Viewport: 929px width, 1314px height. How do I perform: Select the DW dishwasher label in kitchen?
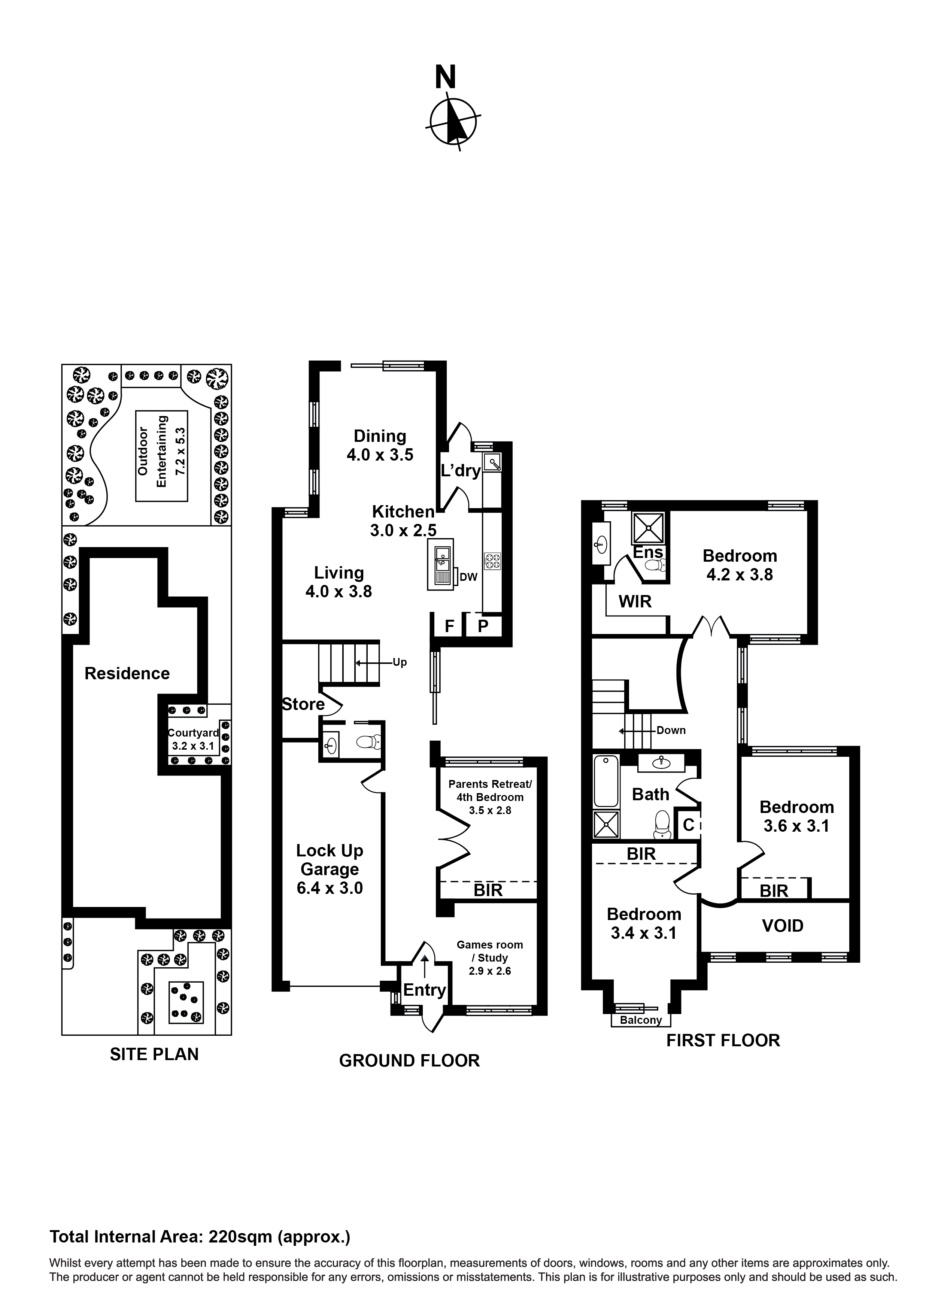[x=468, y=577]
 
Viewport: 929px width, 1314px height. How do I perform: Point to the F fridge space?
[x=449, y=626]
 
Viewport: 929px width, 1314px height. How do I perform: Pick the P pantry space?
[x=483, y=626]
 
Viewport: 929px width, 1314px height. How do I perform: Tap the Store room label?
[x=303, y=704]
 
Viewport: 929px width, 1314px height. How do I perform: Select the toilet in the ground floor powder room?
[x=368, y=743]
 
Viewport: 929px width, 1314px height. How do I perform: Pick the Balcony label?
[x=641, y=1020]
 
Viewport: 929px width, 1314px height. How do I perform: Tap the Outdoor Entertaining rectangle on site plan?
[x=161, y=456]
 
